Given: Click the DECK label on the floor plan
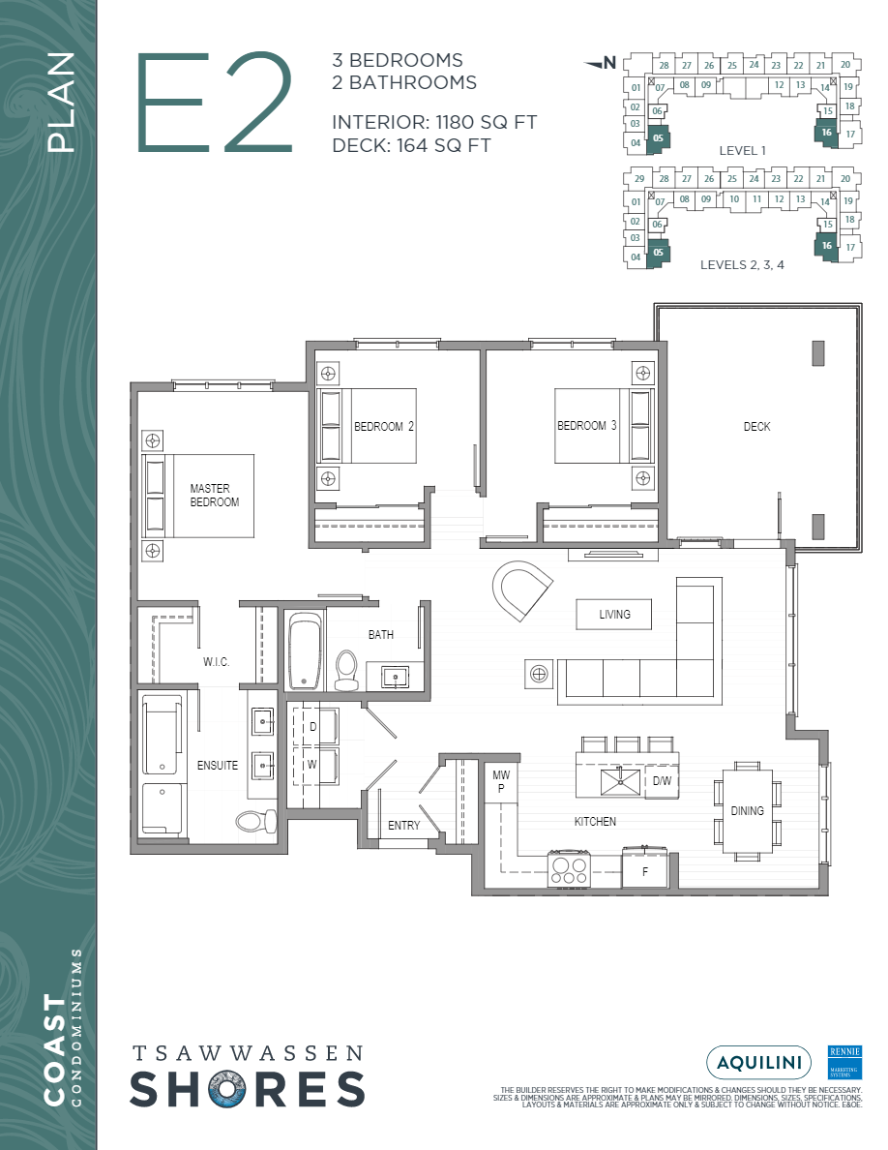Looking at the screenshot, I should [756, 427].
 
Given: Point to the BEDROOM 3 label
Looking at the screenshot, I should [587, 426].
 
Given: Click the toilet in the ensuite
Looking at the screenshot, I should [251, 821].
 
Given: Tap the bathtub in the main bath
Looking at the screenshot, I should [304, 650].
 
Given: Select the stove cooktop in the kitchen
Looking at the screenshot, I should [569, 867].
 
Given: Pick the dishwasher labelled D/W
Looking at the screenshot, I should [662, 780].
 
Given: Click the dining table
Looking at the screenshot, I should [747, 810].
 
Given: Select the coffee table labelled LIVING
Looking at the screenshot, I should [614, 614].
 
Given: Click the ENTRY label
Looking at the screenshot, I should [403, 826].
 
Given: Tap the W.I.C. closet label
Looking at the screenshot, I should [216, 662].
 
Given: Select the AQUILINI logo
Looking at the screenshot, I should [758, 1062].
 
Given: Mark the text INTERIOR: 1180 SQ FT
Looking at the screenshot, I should [433, 123].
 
